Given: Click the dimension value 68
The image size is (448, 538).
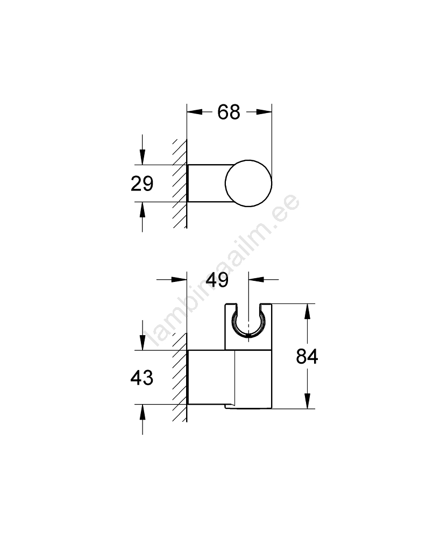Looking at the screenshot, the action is (229, 112).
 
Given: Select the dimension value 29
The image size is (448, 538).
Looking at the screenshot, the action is (142, 183).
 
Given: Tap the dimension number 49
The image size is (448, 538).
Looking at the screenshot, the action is (217, 280).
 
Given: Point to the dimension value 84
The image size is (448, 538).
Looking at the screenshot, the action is (307, 357).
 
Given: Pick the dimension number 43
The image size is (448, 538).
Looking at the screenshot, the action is (141, 378).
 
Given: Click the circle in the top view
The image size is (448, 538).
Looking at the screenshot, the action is (248, 183).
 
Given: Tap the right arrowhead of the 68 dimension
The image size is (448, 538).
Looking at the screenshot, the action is (264, 112).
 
